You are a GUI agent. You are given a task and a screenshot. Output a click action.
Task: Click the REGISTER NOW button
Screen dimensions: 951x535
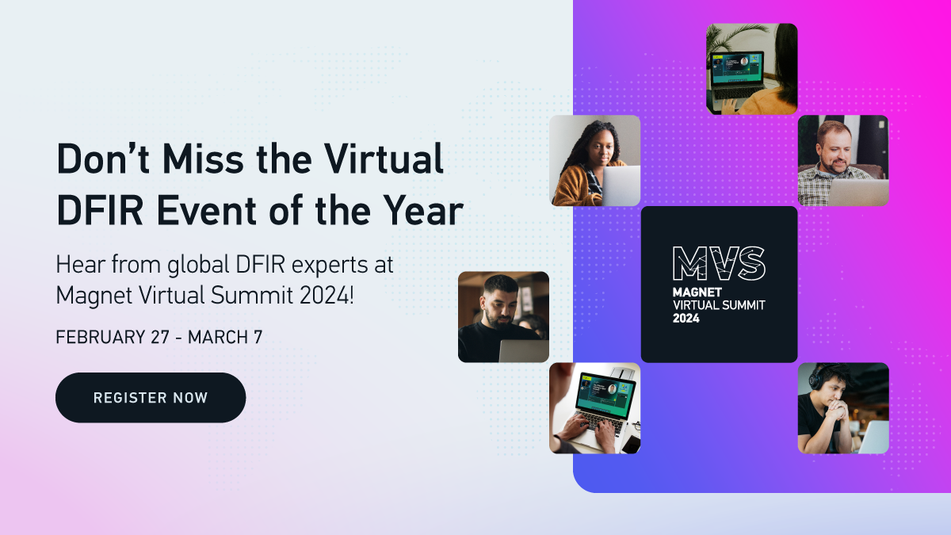point(151,397)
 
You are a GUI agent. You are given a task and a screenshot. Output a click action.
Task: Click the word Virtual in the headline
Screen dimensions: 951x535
point(384,159)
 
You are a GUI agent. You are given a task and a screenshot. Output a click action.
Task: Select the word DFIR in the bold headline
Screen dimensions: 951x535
point(100,211)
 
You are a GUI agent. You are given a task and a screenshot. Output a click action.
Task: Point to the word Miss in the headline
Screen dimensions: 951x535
point(203,159)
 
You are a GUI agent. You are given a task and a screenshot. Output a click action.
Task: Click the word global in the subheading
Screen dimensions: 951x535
point(198,266)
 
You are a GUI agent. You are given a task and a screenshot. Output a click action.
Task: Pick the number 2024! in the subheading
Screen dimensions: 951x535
point(327,295)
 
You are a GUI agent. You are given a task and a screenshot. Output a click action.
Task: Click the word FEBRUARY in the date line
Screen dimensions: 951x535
point(101,337)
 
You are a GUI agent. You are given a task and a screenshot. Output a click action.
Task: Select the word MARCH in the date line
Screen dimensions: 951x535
point(218,337)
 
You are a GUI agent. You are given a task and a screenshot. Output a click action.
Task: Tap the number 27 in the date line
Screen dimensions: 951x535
point(160,337)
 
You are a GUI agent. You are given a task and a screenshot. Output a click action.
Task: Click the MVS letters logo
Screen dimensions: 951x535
point(720,263)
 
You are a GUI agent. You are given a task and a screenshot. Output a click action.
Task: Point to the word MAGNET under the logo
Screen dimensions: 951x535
point(697,292)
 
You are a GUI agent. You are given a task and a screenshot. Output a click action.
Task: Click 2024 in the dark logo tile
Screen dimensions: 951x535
point(686,318)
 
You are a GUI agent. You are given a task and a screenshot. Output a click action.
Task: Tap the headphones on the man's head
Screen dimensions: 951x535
point(815,377)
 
